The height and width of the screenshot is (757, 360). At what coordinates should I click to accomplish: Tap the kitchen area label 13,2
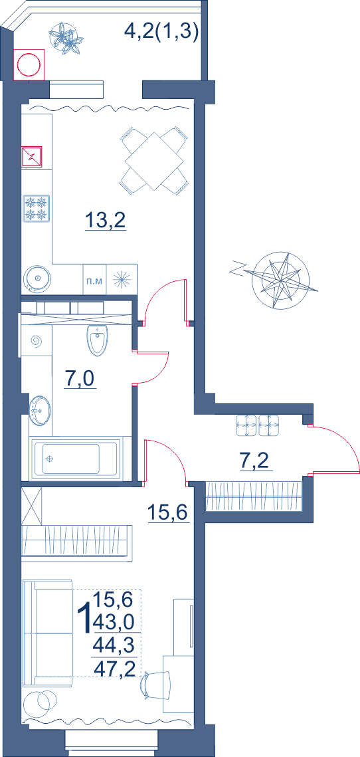click(x=106, y=221)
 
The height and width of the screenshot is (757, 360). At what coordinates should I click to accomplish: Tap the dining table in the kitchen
click(x=154, y=161)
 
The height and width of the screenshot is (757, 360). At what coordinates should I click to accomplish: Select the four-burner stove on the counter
click(x=37, y=208)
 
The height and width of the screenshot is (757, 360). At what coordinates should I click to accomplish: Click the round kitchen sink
click(x=36, y=278)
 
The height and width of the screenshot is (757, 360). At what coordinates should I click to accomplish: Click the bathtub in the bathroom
click(x=75, y=458)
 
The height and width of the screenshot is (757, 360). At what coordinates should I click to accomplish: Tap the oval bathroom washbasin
click(x=40, y=410)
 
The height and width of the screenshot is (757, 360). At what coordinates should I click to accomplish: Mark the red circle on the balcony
click(x=29, y=64)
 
